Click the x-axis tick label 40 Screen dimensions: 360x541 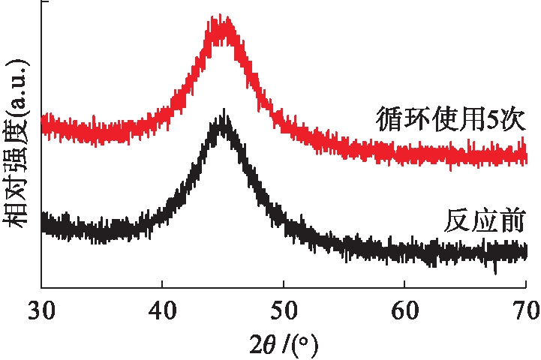tap(162, 308)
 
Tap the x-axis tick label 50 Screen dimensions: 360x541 tap(283, 308)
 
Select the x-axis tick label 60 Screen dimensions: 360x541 tap(404, 308)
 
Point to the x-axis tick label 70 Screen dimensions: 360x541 tap(524, 308)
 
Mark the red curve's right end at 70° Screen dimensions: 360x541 tap(524, 156)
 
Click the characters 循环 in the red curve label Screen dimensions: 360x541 tap(400, 121)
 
